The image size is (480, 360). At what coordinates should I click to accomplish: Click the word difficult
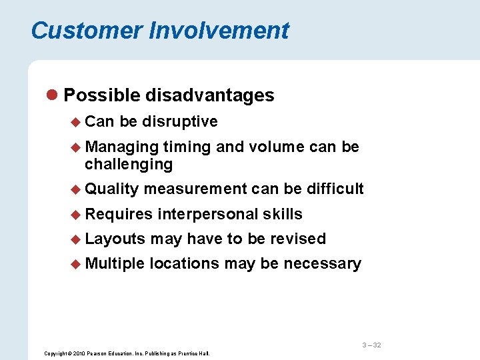[335, 189]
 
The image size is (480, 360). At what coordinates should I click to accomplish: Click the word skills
[283, 214]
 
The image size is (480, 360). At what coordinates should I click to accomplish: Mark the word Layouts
[115, 239]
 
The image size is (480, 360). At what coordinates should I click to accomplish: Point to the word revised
[299, 239]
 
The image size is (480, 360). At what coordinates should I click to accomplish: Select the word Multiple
[114, 263]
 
